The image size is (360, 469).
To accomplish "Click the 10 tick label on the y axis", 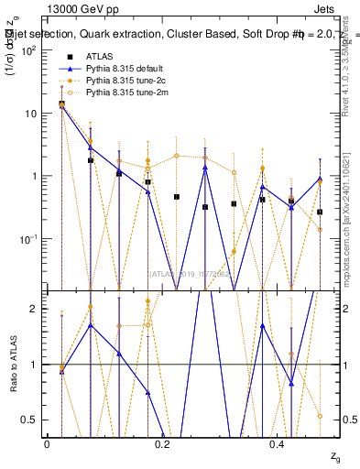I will coord(29,114).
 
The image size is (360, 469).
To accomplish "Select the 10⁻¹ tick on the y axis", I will coord(27,239).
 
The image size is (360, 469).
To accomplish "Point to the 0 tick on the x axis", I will coord(47,444).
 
